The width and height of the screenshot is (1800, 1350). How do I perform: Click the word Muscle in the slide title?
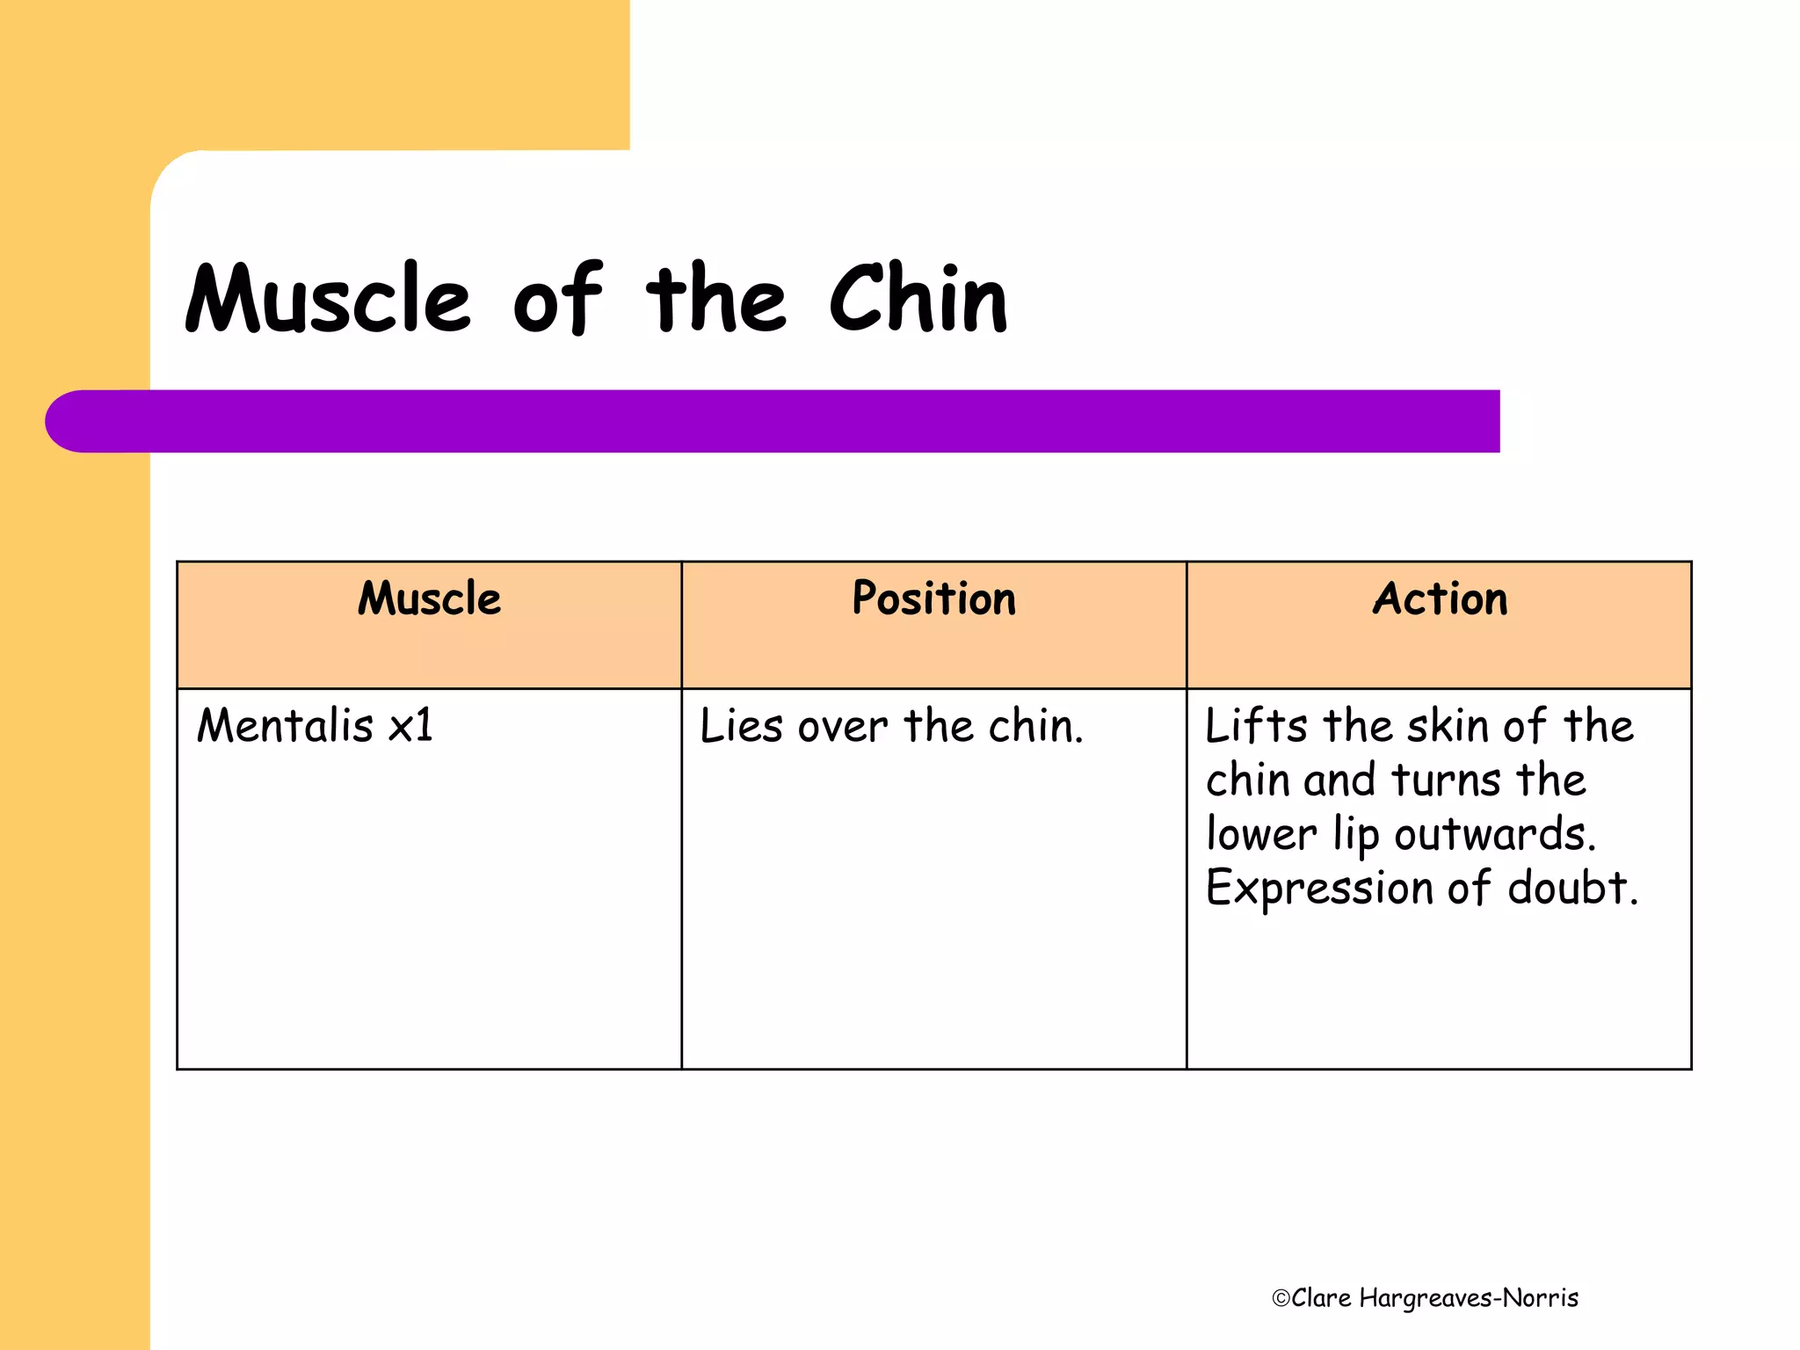(x=328, y=299)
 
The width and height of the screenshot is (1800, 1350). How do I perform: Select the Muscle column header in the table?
(x=429, y=599)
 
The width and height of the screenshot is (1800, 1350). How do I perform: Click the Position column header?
(x=933, y=599)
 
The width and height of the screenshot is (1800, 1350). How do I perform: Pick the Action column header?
(x=1440, y=599)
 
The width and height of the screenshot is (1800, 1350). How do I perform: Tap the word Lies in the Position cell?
(x=741, y=727)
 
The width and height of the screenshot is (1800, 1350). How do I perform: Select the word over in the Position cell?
(x=843, y=729)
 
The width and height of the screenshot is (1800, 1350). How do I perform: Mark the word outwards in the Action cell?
(x=1494, y=834)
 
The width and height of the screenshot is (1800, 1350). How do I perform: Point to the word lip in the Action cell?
(x=1356, y=835)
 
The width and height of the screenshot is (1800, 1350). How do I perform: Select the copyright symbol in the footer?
(x=1281, y=1298)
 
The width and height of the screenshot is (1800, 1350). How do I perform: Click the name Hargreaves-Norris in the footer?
(x=1469, y=1298)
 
